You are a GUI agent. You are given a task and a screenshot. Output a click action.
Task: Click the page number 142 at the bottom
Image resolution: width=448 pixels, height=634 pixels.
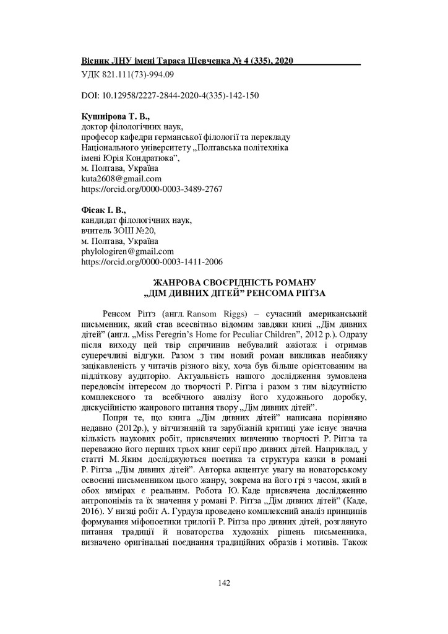tap(224, 581)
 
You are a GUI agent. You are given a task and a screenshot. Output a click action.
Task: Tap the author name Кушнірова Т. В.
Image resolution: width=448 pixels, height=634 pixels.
tap(116, 116)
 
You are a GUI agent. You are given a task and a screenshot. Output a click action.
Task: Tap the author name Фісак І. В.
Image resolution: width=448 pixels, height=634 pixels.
tap(103, 210)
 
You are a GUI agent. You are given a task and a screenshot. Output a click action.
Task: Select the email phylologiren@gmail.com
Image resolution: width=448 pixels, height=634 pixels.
tap(128, 251)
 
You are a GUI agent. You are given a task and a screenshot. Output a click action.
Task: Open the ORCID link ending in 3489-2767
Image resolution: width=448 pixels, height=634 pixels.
tap(152, 189)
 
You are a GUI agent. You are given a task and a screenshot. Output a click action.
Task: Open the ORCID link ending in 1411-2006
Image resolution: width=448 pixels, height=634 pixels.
tap(152, 262)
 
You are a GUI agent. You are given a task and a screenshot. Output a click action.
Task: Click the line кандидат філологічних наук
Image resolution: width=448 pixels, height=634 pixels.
tap(137, 220)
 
